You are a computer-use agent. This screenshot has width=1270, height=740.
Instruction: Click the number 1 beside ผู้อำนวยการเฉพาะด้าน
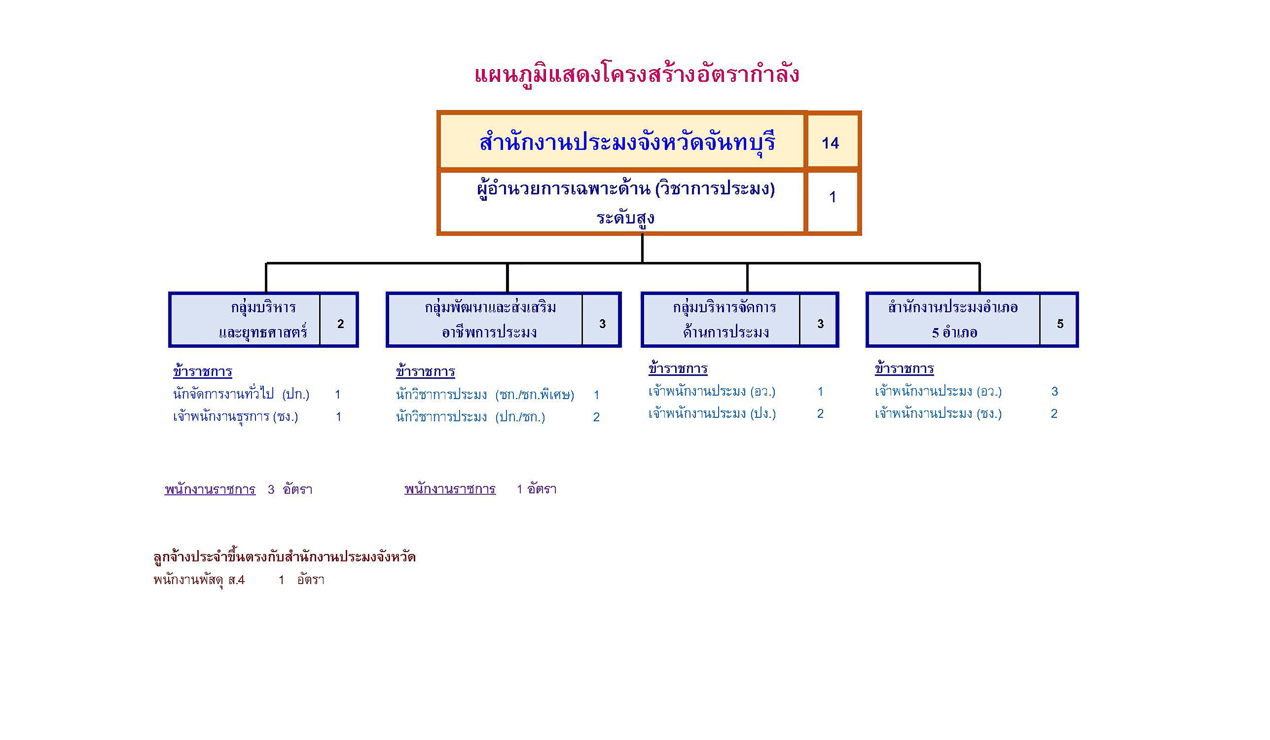[833, 197]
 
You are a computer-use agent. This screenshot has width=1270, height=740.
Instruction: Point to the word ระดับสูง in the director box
[625, 218]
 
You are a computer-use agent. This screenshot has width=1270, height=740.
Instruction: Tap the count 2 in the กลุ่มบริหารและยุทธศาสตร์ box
[341, 324]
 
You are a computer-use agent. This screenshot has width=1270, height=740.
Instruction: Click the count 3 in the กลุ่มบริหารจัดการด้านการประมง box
[820, 324]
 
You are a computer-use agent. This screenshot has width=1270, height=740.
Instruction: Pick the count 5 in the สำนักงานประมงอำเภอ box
[1060, 324]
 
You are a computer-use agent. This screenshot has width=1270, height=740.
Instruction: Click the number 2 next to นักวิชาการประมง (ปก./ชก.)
[596, 417]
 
